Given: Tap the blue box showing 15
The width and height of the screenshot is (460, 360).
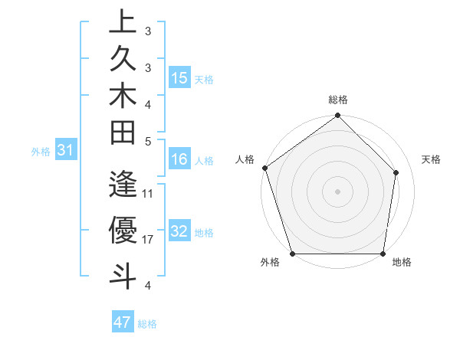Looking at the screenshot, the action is pos(179,78).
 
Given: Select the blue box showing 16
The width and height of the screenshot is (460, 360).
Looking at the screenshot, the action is pos(179,160).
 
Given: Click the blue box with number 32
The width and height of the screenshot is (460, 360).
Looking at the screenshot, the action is pos(179,232).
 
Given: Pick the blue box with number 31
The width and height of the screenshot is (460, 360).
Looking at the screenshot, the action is pos(67,151).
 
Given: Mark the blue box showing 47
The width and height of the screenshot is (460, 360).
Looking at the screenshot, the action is pos(123,322).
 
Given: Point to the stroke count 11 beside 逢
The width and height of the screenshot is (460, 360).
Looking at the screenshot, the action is pos(148,193).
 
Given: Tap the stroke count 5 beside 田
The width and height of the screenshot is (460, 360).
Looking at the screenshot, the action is pos(148,140).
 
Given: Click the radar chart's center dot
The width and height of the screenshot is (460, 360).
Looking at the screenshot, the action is pos(337,191).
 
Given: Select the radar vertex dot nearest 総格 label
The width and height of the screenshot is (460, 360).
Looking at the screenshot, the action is pos(337,116).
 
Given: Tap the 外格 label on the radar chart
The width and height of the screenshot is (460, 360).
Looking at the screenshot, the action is pos(270,262).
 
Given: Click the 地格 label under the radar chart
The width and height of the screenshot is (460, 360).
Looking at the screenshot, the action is pos(402,262).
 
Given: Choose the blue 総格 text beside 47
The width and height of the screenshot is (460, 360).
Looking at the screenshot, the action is pos(147,324).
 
